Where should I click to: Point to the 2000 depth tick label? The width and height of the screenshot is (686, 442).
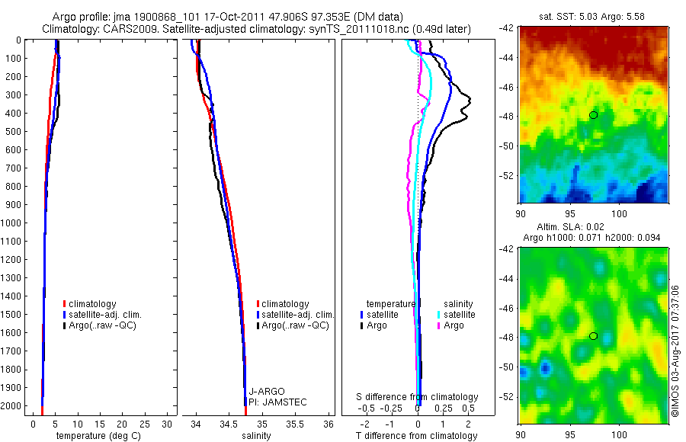click(11, 406)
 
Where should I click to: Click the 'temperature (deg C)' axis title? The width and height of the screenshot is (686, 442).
click(95, 436)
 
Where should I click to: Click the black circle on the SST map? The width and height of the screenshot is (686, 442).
click(593, 115)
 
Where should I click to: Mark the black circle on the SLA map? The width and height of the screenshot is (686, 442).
click(593, 336)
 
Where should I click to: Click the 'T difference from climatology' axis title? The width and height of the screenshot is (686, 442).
click(416, 436)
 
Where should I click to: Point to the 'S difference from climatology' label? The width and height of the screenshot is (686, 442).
click(418, 397)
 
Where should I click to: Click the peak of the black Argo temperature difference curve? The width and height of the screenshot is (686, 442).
click(470, 100)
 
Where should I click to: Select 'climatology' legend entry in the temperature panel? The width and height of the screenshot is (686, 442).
click(95, 304)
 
